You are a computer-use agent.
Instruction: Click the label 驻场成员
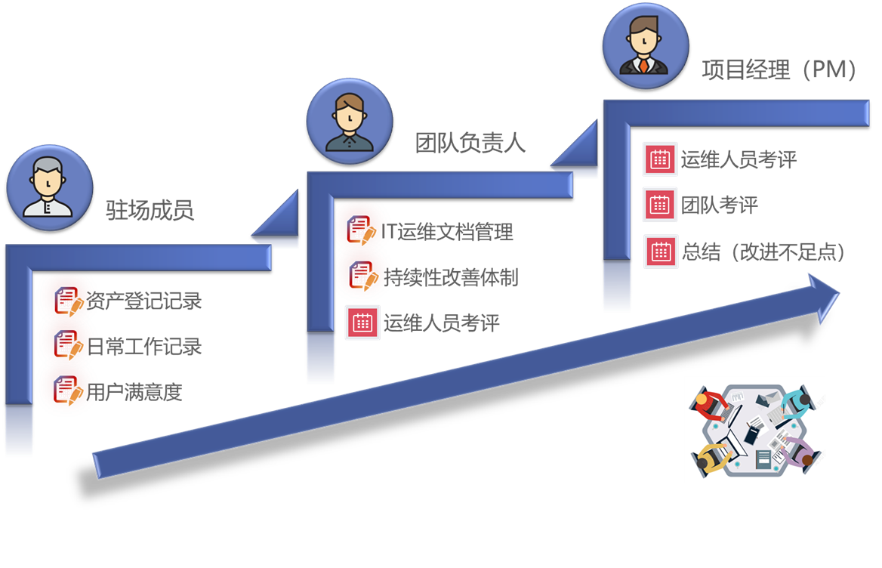click(150, 209)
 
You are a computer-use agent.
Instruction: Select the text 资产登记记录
click(144, 301)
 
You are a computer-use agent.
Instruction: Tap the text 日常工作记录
click(144, 346)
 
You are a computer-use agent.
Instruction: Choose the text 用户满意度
click(134, 392)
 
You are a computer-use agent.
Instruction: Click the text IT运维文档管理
click(448, 232)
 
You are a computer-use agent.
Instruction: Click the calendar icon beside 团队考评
click(660, 205)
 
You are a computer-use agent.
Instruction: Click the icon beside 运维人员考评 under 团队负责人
click(362, 323)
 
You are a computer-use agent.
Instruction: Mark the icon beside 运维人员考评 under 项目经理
click(660, 159)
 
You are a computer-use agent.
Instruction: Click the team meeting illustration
click(754, 429)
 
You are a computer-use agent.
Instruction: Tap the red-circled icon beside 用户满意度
click(66, 391)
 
